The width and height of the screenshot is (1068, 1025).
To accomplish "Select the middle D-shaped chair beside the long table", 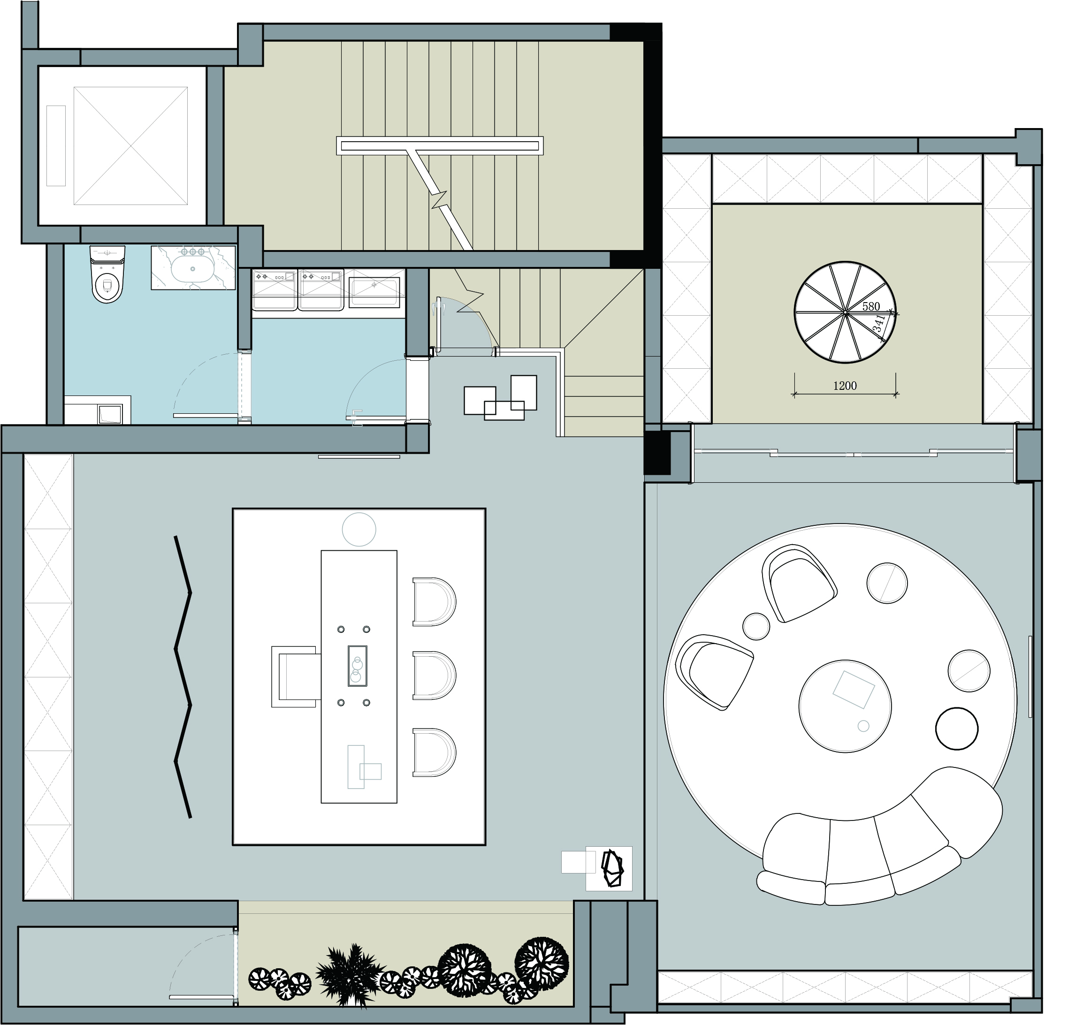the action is click(x=434, y=676).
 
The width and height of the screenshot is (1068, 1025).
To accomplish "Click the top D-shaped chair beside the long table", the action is click(x=434, y=602).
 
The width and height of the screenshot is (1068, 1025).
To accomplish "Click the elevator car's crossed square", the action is click(x=131, y=145).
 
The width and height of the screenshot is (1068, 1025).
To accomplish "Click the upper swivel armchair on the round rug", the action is click(x=800, y=583).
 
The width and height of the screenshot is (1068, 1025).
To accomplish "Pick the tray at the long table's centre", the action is click(x=358, y=666).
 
